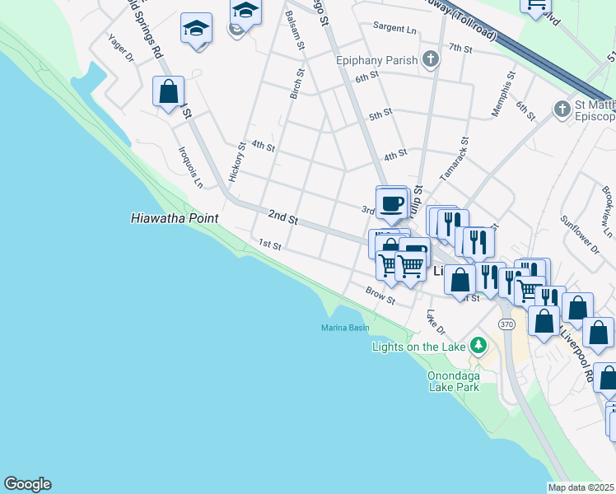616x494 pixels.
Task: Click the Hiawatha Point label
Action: [175, 218]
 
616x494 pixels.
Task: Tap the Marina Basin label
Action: [345, 329]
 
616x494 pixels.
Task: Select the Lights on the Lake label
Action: [419, 347]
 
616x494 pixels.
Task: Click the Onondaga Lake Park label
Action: [453, 380]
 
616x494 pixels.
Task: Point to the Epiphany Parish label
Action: [377, 59]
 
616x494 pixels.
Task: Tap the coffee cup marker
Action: [392, 203]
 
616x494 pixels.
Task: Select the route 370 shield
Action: [506, 325]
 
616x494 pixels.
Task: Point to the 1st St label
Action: [270, 245]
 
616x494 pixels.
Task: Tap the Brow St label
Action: [381, 295]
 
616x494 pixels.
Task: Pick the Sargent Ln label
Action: [394, 28]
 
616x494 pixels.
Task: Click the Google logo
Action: [27, 484]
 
